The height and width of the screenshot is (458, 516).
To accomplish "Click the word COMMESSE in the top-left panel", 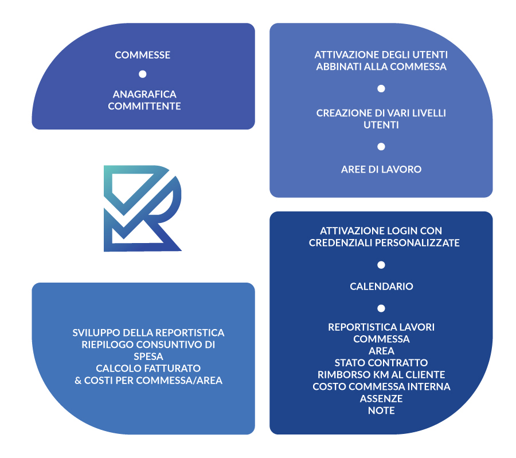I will (x=142, y=55).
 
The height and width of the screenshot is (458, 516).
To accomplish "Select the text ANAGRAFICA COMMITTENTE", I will (x=144, y=100).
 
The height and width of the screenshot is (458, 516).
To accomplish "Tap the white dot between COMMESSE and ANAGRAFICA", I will (x=143, y=74).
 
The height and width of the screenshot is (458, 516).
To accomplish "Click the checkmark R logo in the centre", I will (x=143, y=209).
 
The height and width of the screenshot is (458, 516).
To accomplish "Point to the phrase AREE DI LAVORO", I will (x=381, y=169).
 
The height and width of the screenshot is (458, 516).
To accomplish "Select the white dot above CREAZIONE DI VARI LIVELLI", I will (x=381, y=89).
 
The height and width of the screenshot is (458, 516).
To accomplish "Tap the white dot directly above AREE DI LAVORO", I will (x=381, y=147).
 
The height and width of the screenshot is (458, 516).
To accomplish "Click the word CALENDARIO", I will (x=381, y=286).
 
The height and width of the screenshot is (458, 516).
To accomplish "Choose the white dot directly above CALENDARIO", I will (x=381, y=265).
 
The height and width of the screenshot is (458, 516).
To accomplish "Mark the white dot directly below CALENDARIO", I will (x=381, y=308).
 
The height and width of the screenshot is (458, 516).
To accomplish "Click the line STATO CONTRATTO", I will (x=381, y=362).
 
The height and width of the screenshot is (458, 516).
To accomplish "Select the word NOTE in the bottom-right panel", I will (x=381, y=410).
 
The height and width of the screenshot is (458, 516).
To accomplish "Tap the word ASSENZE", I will (x=381, y=398).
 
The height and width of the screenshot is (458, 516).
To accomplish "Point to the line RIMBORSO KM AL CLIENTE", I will (x=381, y=374).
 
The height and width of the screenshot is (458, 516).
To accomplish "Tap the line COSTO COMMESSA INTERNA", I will (x=381, y=386).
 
